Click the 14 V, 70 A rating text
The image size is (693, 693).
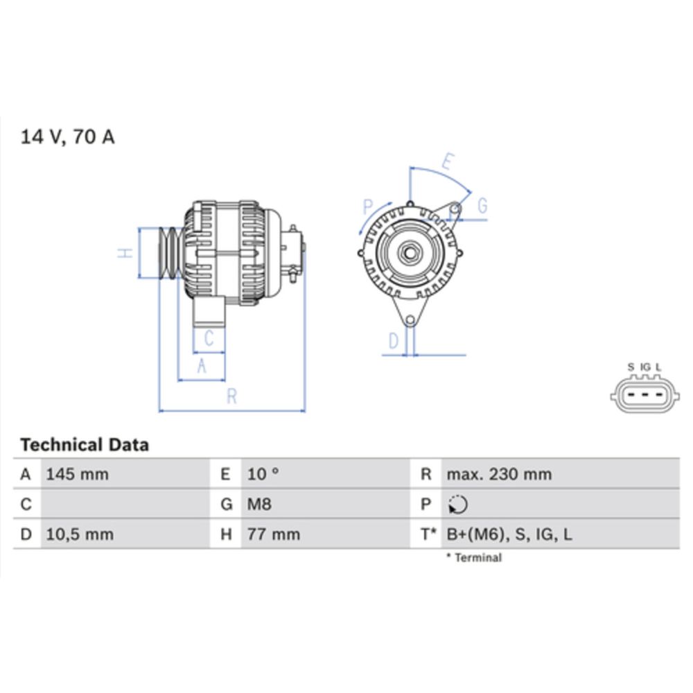[68, 137]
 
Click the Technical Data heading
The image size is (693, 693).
[85, 445]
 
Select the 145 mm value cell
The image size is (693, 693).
[77, 475]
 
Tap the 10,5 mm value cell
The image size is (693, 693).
[80, 534]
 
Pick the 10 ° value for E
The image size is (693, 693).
[263, 475]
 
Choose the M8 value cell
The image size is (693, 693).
[260, 505]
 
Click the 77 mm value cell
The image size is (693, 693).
[274, 534]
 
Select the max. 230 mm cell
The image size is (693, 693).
[499, 475]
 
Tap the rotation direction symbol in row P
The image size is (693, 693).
[457, 505]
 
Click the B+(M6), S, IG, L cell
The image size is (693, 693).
[509, 534]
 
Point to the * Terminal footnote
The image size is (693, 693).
[474, 558]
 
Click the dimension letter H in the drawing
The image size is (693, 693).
[125, 253]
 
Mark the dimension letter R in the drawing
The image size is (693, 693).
[232, 396]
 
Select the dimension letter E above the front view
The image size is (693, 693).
[447, 164]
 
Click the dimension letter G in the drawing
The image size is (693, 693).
[482, 206]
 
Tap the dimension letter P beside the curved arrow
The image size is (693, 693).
[368, 207]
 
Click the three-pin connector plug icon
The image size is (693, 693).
[644, 396]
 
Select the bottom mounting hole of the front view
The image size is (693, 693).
[410, 320]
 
